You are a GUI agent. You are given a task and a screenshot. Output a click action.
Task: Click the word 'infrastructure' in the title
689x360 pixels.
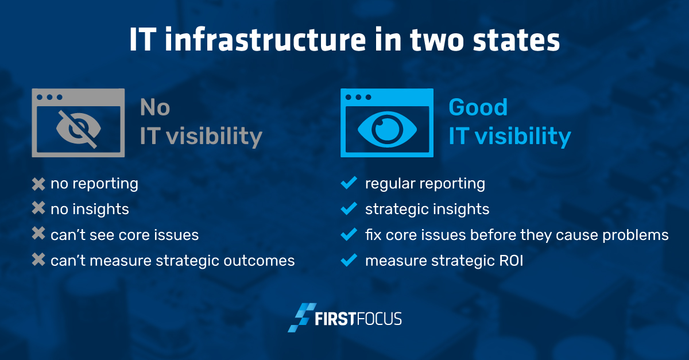pos(265,40)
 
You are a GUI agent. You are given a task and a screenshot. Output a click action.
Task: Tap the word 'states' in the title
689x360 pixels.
pos(516,41)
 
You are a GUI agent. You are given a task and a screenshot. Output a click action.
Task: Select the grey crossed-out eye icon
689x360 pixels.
pos(79,129)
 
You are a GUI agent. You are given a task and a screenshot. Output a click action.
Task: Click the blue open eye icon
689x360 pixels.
pos(387,129)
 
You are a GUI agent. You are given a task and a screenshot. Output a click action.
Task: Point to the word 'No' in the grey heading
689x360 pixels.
pos(154,107)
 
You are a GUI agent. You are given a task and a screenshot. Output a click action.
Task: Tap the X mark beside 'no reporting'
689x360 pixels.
pos(38,184)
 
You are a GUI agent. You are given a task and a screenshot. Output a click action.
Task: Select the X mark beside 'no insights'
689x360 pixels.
pos(38,208)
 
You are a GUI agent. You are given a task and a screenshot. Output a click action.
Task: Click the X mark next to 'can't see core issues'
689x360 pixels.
pos(38,233)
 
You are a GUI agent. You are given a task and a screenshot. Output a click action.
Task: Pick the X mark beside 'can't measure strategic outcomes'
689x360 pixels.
pos(38,260)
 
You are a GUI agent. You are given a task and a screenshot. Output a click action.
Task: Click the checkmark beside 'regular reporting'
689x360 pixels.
pos(349,183)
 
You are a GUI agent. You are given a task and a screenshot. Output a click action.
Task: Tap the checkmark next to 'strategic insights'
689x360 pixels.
pos(349,208)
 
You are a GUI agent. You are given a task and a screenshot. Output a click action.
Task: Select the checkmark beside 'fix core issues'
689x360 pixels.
pos(349,234)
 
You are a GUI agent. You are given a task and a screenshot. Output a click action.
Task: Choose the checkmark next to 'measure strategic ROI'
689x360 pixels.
pos(349,260)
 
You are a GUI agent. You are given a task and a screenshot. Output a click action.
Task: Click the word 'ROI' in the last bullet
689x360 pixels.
pos(511,261)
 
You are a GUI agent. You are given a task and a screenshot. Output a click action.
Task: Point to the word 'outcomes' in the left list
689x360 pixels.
pos(259,261)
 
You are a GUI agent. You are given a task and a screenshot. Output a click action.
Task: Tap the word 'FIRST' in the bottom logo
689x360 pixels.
pos(335,319)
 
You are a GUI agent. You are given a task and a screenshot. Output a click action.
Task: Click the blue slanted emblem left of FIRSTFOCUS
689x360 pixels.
pos(302,318)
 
